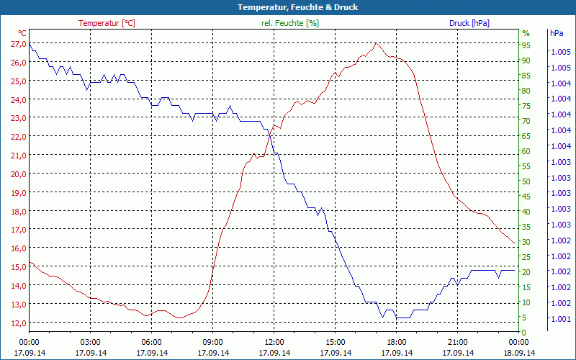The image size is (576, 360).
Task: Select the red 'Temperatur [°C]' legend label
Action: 107,23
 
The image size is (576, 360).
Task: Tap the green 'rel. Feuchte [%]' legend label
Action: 289,23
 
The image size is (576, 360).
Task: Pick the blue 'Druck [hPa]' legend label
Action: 469,23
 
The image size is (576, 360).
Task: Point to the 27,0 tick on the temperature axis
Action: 18,44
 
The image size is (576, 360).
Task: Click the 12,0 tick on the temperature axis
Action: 18,323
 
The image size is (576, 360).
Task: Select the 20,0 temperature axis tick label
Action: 18,174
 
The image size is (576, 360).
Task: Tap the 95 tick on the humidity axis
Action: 526,45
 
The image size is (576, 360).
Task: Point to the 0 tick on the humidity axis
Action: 524,332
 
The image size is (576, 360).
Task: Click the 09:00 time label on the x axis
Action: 212,342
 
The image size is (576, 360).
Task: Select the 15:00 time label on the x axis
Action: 335,342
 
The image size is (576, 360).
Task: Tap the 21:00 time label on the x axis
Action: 457,342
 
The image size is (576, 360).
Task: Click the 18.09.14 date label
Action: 518,353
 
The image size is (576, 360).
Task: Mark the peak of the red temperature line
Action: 376,43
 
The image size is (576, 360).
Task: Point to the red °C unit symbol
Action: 22,33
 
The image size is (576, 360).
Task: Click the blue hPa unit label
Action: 557,33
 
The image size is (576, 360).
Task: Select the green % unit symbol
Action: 526,33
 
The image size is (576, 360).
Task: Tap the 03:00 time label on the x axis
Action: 90,342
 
